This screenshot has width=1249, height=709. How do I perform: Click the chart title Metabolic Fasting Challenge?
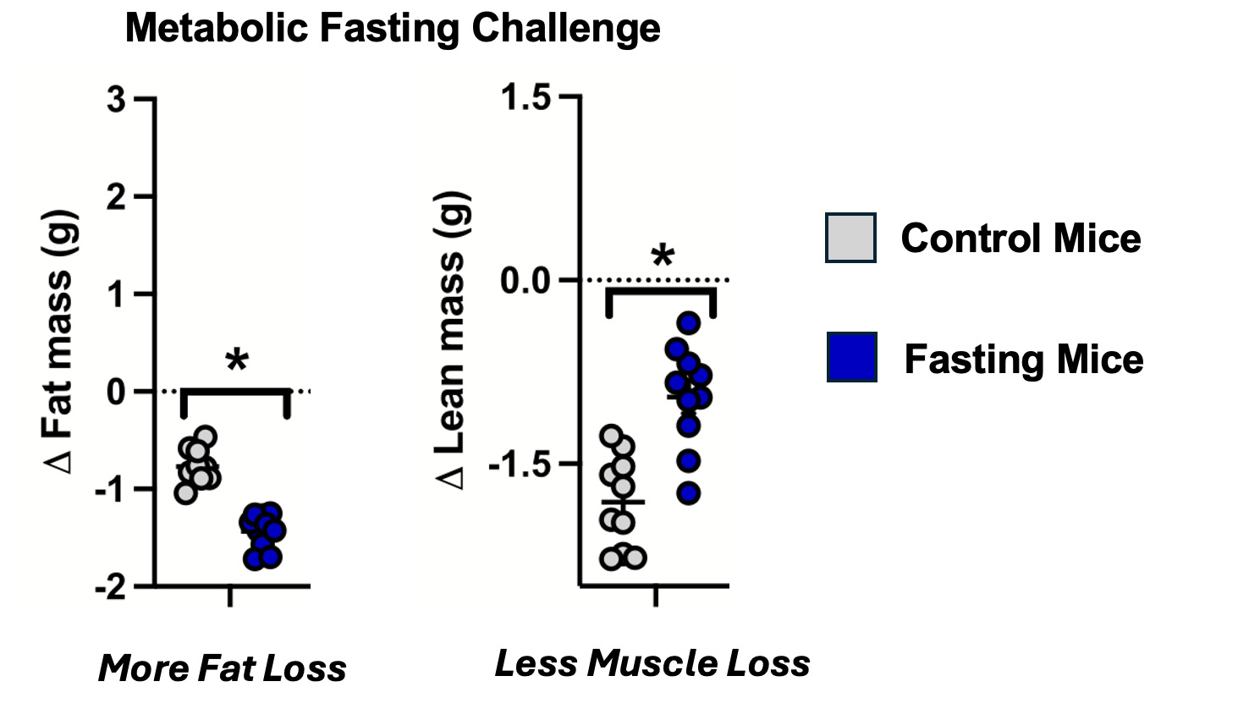click(x=392, y=29)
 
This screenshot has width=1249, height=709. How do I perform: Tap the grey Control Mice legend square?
click(x=850, y=238)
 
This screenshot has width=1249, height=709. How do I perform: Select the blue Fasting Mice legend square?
click(x=851, y=357)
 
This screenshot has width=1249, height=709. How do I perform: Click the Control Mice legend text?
click(x=1021, y=238)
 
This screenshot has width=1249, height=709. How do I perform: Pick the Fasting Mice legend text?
click(x=1024, y=359)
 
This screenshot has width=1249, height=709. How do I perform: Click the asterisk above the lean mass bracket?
click(x=663, y=257)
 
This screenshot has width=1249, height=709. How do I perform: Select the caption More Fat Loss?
click(x=223, y=668)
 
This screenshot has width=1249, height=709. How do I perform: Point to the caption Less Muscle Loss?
click(x=652, y=663)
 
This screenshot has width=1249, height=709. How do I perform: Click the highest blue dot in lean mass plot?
click(x=689, y=322)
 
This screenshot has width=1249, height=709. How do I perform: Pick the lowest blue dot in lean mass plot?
click(x=689, y=493)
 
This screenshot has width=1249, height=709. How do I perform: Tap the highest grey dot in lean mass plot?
click(x=612, y=437)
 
